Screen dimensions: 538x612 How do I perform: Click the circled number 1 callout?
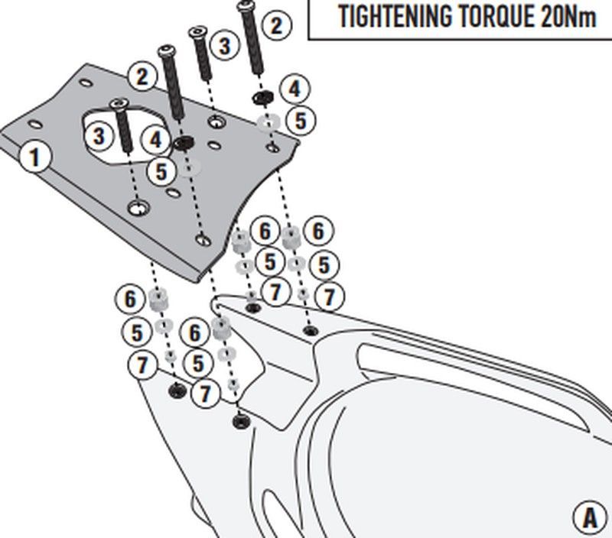pos(34,157)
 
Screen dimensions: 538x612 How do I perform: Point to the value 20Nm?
pos(567,18)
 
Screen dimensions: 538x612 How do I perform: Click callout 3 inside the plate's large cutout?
pos(99,137)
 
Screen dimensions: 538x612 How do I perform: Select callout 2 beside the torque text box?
pos(275,25)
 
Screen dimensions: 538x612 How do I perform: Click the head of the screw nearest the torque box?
pos(246,5)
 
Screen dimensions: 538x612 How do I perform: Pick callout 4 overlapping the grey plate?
pos(157,140)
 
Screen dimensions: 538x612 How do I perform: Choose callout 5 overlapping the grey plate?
pos(161,171)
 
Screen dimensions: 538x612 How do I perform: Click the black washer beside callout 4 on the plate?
pos(184,142)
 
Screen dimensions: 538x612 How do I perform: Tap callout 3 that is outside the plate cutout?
pos(223,46)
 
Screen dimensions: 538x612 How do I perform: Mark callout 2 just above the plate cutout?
pos(142,76)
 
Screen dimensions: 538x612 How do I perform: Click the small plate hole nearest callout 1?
pos(34,122)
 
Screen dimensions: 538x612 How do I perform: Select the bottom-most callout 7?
pos(204,394)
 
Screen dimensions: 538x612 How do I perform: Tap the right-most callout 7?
pos(330,296)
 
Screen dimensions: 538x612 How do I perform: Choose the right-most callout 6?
pos(317,231)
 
